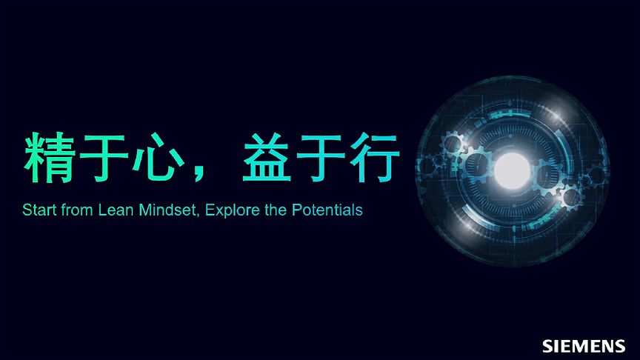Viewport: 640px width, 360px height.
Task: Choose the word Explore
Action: (x=232, y=210)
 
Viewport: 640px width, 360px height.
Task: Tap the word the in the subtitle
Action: (x=276, y=210)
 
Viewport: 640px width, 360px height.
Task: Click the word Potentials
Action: (x=327, y=210)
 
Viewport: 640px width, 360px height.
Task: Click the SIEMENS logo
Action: (x=584, y=346)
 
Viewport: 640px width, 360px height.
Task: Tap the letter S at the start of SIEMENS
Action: (x=547, y=346)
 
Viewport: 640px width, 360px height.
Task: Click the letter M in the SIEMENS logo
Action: (x=582, y=346)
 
